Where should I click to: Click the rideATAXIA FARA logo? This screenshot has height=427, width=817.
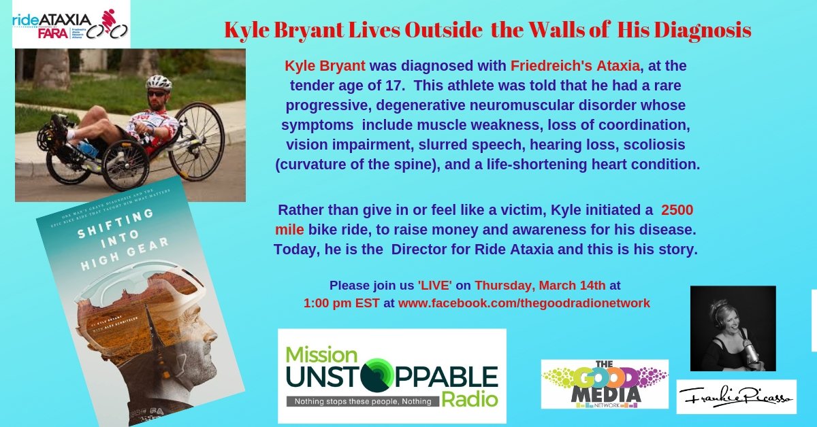coord(71,24)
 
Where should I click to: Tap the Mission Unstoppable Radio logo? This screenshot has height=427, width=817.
coord(391,375)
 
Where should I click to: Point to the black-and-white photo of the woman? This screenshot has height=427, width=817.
coord(733,328)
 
